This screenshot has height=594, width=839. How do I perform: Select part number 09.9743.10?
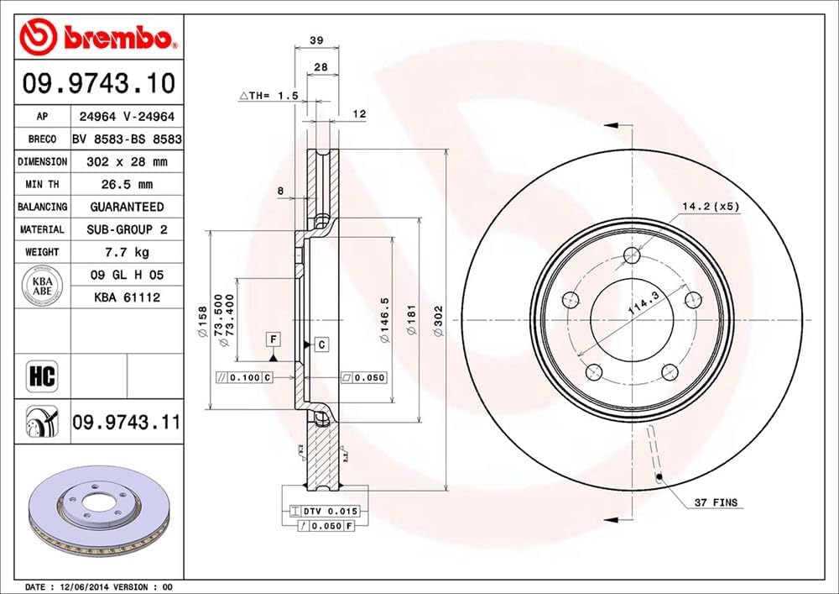click(x=99, y=84)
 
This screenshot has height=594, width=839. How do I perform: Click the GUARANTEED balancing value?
click(x=126, y=207)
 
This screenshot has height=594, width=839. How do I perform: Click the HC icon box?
click(x=42, y=376)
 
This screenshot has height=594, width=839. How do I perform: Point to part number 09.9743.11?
click(x=126, y=422)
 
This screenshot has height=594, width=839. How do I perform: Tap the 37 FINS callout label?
click(x=716, y=502)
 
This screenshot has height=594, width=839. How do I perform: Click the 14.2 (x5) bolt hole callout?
click(x=711, y=206)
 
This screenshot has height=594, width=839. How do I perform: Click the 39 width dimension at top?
click(x=316, y=39)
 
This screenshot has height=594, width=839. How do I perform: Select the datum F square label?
click(x=273, y=339)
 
